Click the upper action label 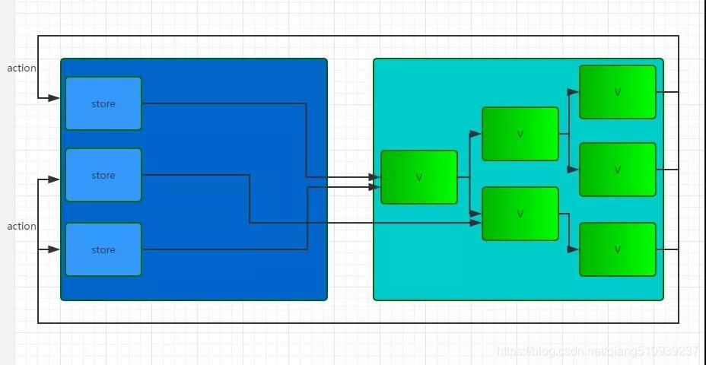click(x=22, y=68)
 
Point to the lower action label click(x=22, y=227)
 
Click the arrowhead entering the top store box click(x=55, y=98)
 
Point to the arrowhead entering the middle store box click(x=55, y=179)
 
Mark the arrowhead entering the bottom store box click(x=55, y=249)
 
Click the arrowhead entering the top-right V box click(x=574, y=92)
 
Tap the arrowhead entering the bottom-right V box click(x=574, y=249)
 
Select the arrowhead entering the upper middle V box click(x=475, y=134)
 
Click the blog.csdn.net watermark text click(x=598, y=351)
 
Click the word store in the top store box click(x=103, y=104)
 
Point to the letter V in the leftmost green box click(x=419, y=177)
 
